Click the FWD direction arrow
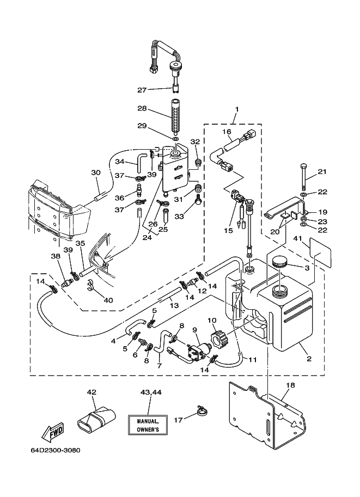coord(53,432)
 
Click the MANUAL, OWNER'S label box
coord(148,425)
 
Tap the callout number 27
coord(142,90)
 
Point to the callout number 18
coord(290,385)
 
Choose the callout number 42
coord(91,392)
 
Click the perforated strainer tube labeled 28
coord(174,116)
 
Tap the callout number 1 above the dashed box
coord(236,109)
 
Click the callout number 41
coord(297,238)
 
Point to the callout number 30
coord(96,173)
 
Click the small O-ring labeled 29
coord(176,139)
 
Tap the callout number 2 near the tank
coord(309,359)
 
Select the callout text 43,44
coord(151,392)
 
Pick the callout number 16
coord(227,132)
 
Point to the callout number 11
coord(253,360)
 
